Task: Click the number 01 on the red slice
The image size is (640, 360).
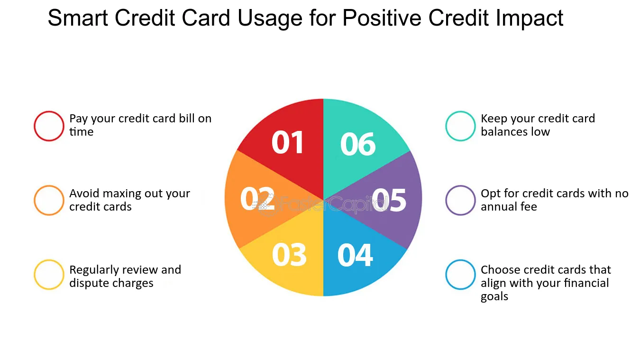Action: pyautogui.click(x=287, y=142)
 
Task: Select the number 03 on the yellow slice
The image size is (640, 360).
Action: pyautogui.click(x=289, y=255)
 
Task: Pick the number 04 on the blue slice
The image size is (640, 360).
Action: pyautogui.click(x=355, y=255)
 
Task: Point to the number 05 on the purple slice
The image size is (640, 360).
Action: pyautogui.click(x=389, y=200)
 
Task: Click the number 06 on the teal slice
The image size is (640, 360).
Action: pyautogui.click(x=358, y=144)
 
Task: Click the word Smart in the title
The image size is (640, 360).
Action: pyautogui.click(x=78, y=18)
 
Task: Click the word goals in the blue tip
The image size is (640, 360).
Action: pyautogui.click(x=494, y=296)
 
